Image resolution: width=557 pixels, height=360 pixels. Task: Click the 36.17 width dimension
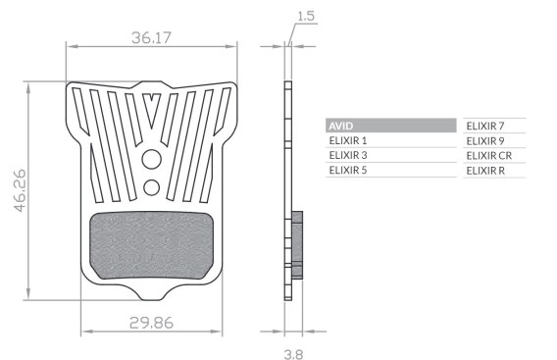tap(151, 37)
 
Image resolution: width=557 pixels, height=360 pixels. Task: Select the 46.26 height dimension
tap(21, 190)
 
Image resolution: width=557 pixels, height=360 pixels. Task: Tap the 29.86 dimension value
tap(151, 323)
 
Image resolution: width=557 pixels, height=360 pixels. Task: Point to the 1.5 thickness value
tap(306, 16)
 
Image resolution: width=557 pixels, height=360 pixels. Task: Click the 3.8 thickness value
tap(294, 354)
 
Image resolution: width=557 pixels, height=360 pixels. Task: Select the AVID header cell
tap(390, 126)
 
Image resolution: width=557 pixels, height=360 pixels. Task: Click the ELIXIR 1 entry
tap(348, 140)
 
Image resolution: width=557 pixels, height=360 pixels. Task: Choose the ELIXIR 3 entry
tap(348, 155)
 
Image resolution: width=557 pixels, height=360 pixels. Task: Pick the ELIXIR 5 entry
tap(348, 171)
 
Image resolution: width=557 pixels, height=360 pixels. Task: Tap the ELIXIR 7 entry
tap(485, 126)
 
